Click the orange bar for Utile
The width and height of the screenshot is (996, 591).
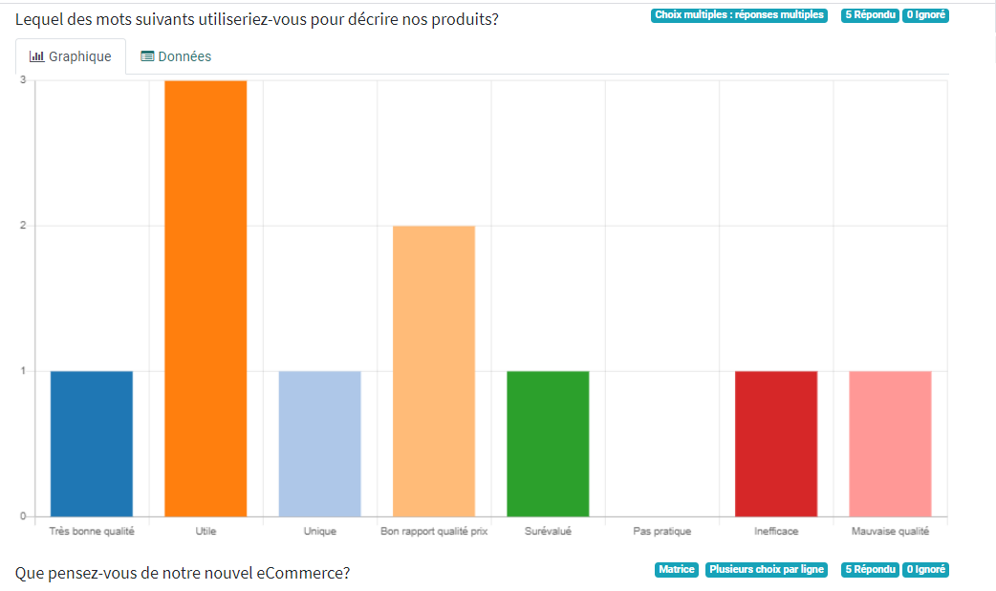(206, 298)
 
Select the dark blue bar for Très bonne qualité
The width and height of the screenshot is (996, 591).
(92, 444)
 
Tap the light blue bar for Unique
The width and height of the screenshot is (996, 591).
(319, 444)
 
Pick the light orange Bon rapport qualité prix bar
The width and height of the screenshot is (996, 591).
(434, 371)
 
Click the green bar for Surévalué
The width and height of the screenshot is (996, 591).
(548, 444)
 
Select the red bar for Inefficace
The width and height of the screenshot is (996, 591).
(776, 444)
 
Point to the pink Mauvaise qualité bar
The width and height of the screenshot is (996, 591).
(890, 444)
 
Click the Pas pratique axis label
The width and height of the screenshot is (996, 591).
(661, 532)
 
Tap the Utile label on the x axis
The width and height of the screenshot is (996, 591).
(206, 532)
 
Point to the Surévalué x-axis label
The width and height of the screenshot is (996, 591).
(548, 532)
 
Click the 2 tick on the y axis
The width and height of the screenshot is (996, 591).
(22, 226)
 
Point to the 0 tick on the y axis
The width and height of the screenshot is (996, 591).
(22, 516)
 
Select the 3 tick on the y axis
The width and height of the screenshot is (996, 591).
(22, 80)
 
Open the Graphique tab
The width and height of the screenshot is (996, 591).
(71, 56)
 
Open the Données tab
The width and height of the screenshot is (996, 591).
(176, 56)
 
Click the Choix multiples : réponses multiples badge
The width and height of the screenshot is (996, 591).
(739, 15)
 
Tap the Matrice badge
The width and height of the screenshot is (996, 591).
(677, 570)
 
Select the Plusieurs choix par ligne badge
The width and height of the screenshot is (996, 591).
(767, 570)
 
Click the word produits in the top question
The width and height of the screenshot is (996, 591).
(459, 19)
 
